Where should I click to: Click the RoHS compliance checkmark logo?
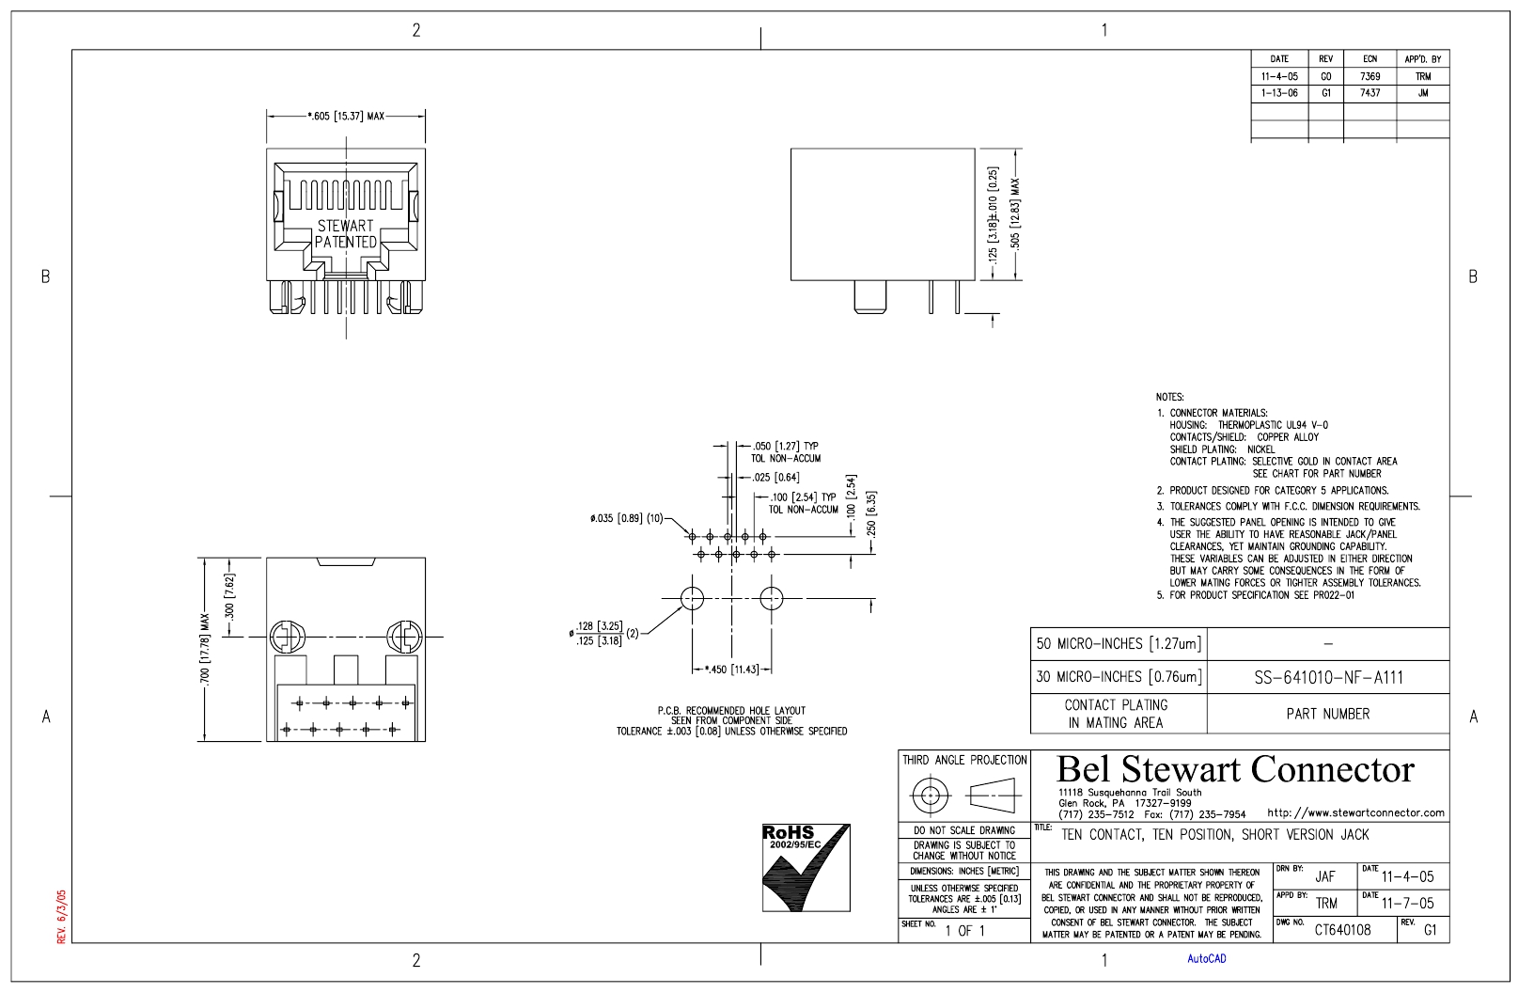pyautogui.click(x=806, y=868)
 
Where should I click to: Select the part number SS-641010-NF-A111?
pyautogui.click(x=1328, y=678)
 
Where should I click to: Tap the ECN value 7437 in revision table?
pyautogui.click(x=1370, y=92)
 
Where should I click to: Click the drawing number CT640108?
pyautogui.click(x=1342, y=930)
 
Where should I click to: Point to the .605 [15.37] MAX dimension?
pyautogui.click(x=346, y=117)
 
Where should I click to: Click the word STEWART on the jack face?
pyautogui.click(x=345, y=226)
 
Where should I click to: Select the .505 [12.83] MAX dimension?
pyautogui.click(x=1015, y=213)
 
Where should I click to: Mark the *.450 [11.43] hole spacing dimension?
pyautogui.click(x=732, y=670)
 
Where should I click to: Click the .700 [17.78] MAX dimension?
pyautogui.click(x=205, y=649)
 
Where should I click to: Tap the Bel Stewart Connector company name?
pyautogui.click(x=1235, y=769)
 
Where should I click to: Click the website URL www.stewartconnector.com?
pyautogui.click(x=1356, y=812)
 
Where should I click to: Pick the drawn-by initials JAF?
pyautogui.click(x=1325, y=876)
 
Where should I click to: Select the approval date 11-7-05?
pyautogui.click(x=1407, y=904)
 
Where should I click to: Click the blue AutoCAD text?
pyautogui.click(x=1207, y=959)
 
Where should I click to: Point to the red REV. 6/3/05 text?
pyautogui.click(x=61, y=917)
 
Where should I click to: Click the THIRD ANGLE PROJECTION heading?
pyautogui.click(x=964, y=760)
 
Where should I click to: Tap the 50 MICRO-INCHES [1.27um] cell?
pyautogui.click(x=1119, y=644)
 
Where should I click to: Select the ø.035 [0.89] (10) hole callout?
pyautogui.click(x=627, y=519)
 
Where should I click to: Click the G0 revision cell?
pyautogui.click(x=1326, y=77)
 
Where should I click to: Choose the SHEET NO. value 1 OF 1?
pyautogui.click(x=965, y=931)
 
